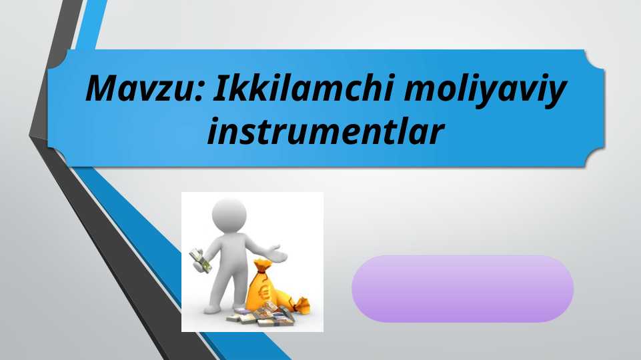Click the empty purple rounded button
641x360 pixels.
pos(462,289)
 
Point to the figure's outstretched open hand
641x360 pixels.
pos(278,255)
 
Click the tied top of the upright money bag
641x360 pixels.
pos(261,264)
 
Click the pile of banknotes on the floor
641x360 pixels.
pos(260,315)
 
